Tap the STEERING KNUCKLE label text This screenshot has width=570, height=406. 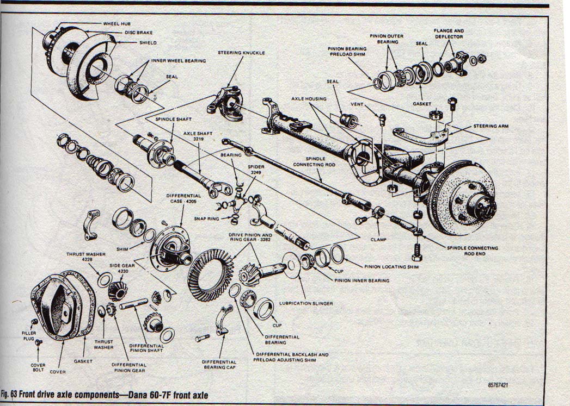pyautogui.click(x=241, y=53)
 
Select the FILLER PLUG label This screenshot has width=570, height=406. pyautogui.click(x=29, y=336)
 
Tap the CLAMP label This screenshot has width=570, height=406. pyautogui.click(x=378, y=238)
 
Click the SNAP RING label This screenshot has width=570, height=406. pyautogui.click(x=206, y=218)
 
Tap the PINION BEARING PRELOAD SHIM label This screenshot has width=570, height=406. pyautogui.click(x=347, y=51)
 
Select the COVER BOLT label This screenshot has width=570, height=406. pyautogui.click(x=38, y=368)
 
